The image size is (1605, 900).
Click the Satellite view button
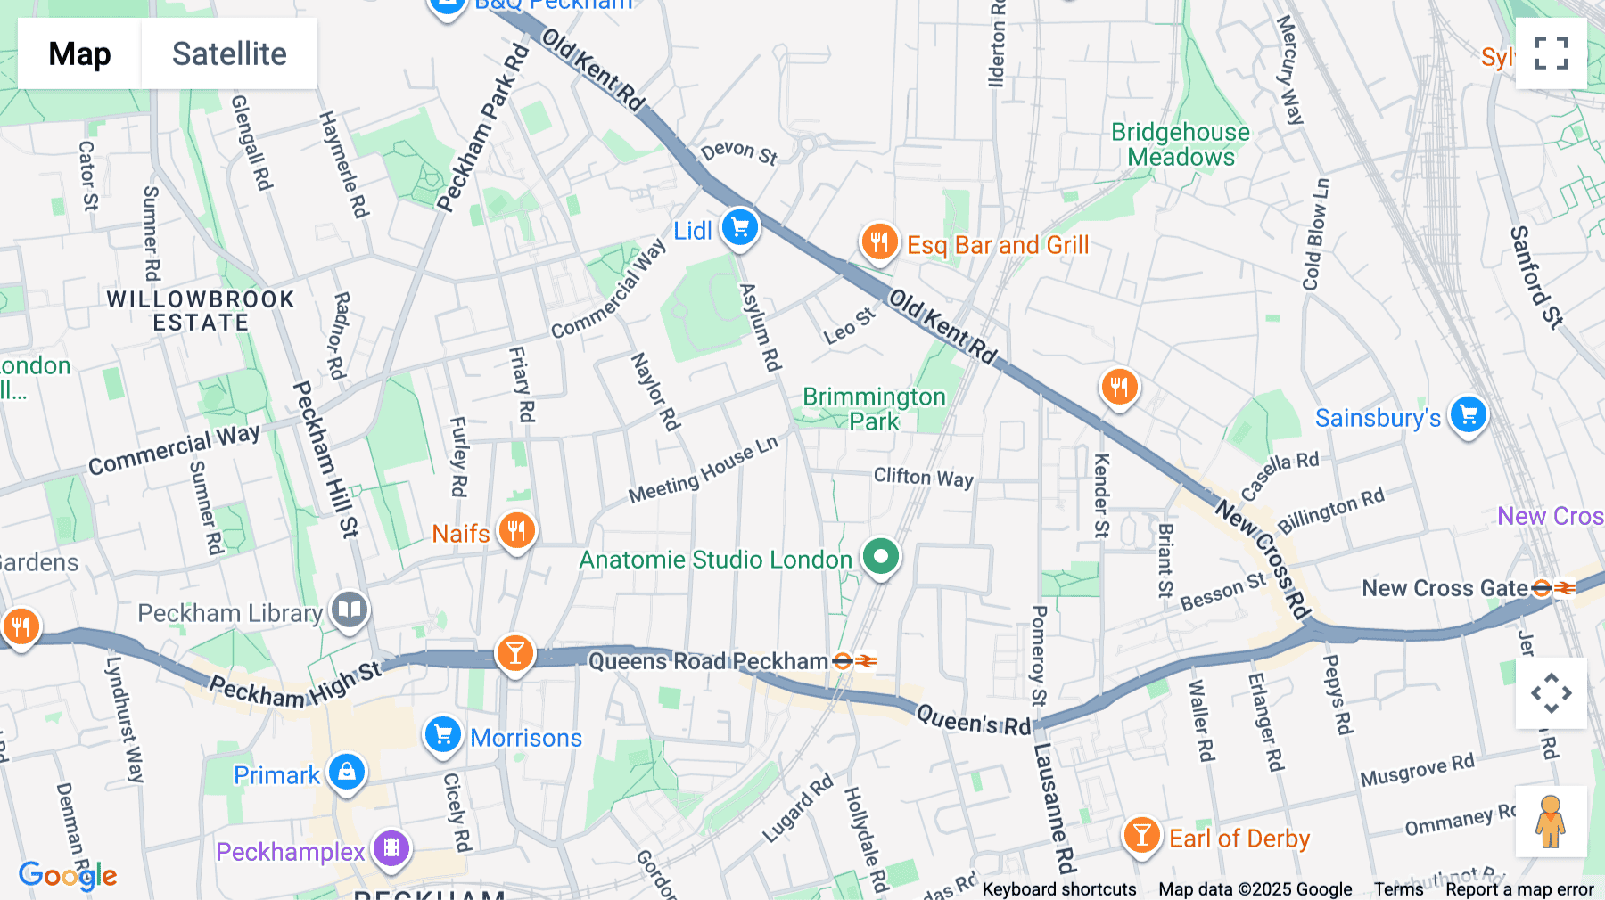tap(229, 53)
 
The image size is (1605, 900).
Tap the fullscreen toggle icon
tap(1551, 53)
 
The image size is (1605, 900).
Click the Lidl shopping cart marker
tap(740, 228)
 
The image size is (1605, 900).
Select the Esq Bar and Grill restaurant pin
tap(879, 241)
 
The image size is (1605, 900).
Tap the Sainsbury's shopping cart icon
tap(1468, 415)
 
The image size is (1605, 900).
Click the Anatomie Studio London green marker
tap(881, 557)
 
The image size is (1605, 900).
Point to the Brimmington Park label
tap(874, 409)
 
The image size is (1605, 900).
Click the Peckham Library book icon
tap(350, 610)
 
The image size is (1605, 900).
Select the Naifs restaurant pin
tap(516, 531)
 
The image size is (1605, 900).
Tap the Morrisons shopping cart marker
tap(443, 736)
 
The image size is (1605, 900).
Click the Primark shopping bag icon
tap(347, 772)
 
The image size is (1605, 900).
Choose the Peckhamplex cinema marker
tap(391, 848)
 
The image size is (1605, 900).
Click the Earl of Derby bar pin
tap(1141, 836)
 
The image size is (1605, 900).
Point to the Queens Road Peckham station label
tap(709, 661)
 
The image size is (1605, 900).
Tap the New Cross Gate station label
tap(1444, 588)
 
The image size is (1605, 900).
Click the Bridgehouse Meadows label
tap(1181, 144)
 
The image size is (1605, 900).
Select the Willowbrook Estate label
tap(201, 311)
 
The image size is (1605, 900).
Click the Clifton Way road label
tap(923, 478)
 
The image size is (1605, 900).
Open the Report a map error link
tap(1519, 889)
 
